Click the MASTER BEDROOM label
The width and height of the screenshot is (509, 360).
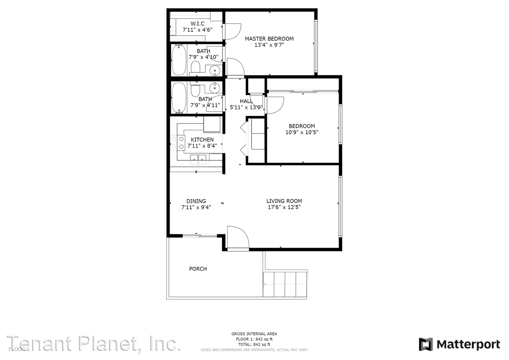[269, 39]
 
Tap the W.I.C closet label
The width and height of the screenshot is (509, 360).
[198, 24]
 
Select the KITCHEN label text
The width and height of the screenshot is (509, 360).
[202, 140]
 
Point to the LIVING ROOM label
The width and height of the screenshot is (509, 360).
[284, 201]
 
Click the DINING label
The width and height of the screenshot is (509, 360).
[196, 201]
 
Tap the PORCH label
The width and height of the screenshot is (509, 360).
[198, 269]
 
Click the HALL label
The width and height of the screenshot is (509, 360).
[246, 101]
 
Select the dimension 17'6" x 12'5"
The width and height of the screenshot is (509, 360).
[284, 207]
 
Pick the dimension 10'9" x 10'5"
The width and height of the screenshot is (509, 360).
[302, 132]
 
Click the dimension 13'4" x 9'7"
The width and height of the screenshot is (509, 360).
[269, 45]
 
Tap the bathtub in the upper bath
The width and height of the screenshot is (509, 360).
[179, 60]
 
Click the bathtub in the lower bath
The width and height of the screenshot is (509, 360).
[179, 98]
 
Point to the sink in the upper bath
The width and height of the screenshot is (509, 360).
[215, 70]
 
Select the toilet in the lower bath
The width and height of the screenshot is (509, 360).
[196, 89]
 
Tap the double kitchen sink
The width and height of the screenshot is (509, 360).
[198, 159]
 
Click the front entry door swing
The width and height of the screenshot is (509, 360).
[237, 238]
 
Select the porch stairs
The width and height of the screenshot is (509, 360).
[285, 284]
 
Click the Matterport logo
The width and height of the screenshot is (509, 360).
[459, 344]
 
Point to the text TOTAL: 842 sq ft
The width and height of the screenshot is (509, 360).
[254, 345]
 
